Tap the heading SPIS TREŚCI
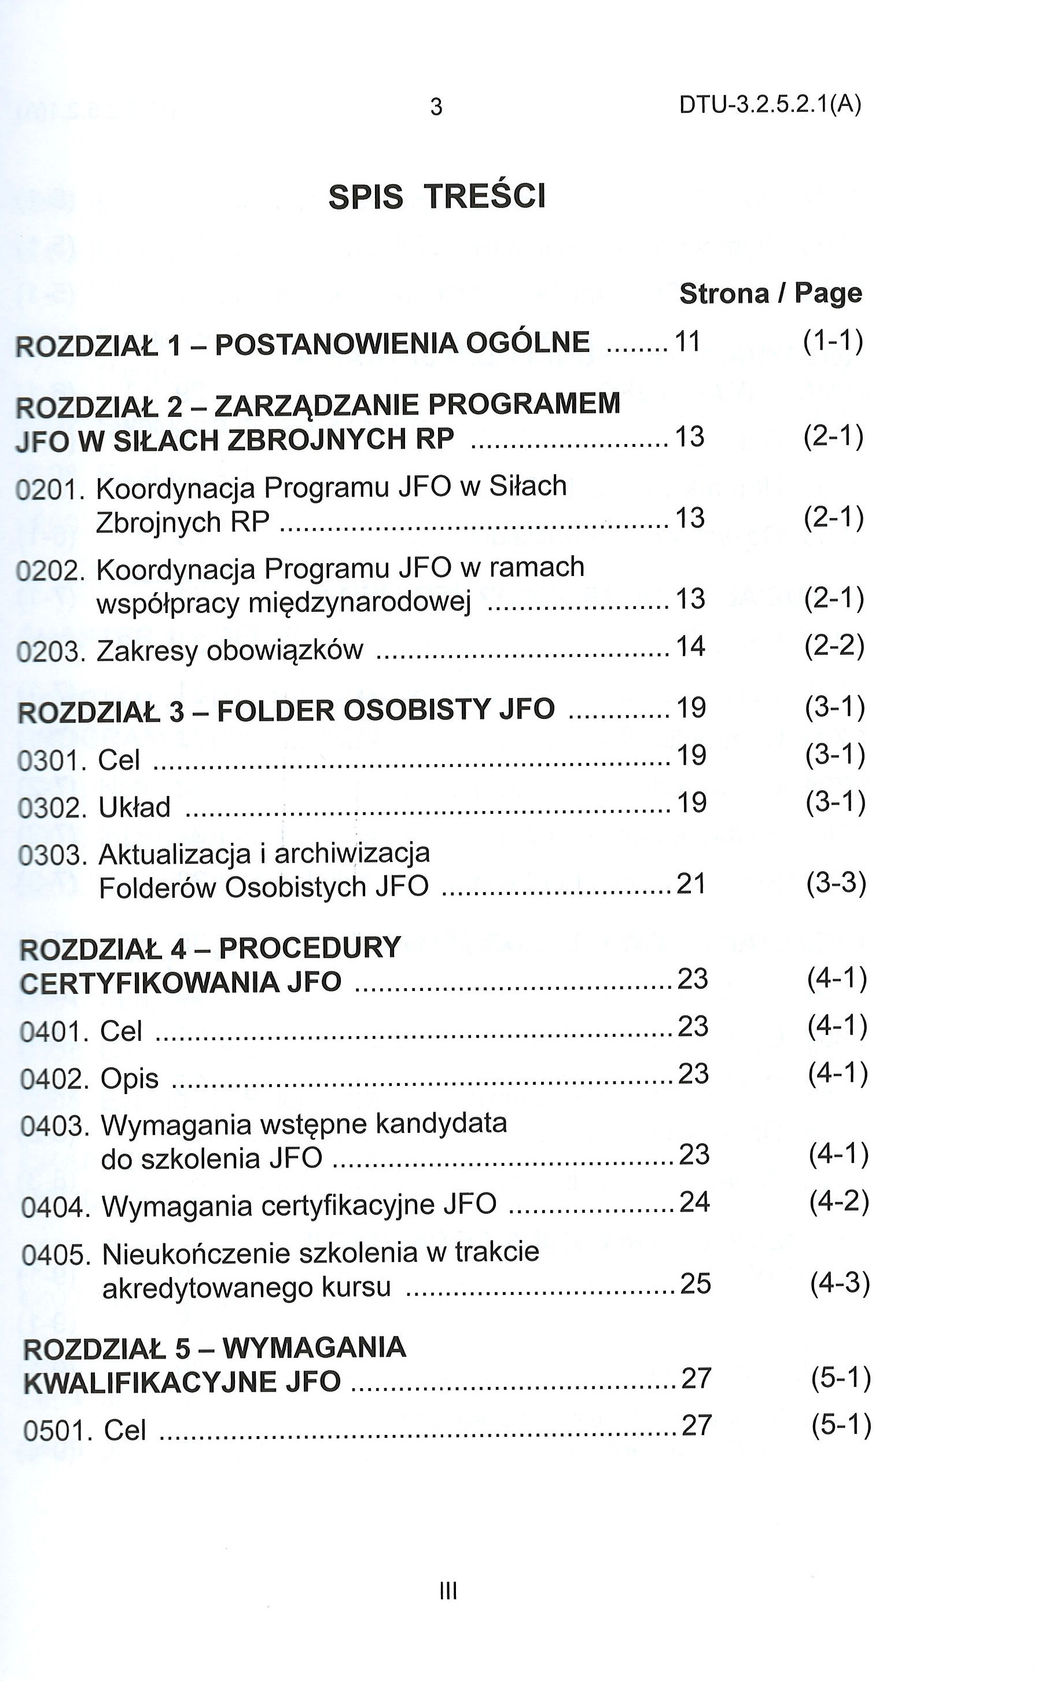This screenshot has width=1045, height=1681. click(x=437, y=196)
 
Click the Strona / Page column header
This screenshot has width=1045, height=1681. click(x=771, y=293)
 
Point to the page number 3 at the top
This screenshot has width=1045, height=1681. click(x=436, y=107)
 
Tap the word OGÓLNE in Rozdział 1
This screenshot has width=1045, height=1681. click(x=528, y=343)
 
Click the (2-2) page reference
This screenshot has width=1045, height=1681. click(x=834, y=646)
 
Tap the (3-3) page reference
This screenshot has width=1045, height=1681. click(x=836, y=884)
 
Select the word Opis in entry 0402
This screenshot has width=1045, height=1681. click(x=130, y=1079)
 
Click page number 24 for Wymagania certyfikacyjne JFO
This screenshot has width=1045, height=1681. click(x=694, y=1203)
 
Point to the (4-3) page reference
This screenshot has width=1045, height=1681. click(x=839, y=1283)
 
